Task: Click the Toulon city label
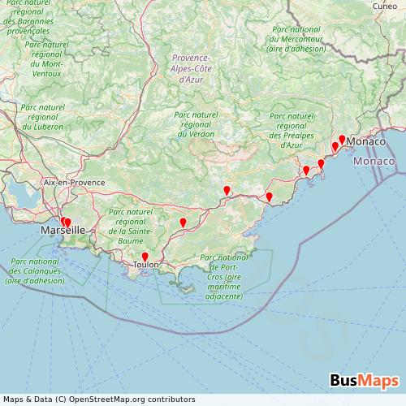pos(146,264)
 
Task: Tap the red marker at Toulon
pos(145,257)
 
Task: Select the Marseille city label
pos(63,231)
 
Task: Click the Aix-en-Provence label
pos(75,183)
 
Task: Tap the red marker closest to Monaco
pos(342,139)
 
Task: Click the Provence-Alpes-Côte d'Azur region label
pos(192,69)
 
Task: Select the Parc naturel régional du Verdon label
pos(196,124)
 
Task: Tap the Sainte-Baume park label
pos(130,227)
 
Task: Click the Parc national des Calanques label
pos(35,271)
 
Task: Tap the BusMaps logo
pos(364,380)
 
